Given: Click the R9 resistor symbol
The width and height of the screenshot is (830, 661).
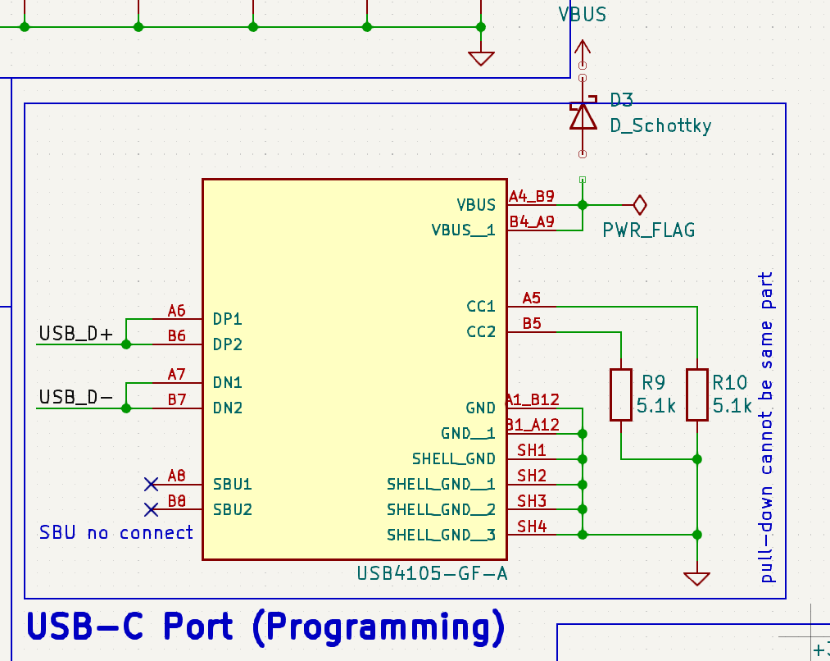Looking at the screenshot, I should point(621,394).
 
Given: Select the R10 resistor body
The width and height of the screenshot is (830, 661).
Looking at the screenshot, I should point(696,394).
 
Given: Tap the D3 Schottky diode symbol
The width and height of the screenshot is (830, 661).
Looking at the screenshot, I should point(583,116).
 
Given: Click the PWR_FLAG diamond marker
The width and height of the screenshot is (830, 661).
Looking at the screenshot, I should point(639,204).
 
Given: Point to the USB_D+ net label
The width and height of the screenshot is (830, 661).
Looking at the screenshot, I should point(77,334).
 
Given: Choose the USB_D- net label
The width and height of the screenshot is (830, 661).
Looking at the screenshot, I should point(76,397).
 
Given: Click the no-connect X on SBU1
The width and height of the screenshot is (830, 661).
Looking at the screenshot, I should point(151,484).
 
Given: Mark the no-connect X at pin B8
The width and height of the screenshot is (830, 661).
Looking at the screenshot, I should point(151,509).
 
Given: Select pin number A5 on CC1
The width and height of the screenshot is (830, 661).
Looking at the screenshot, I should point(531,299).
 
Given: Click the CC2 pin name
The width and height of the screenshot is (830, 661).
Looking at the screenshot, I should point(481,332).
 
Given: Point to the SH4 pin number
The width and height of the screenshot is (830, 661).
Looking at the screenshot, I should point(531,527).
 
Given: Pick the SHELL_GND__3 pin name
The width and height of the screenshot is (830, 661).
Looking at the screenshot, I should point(441,535).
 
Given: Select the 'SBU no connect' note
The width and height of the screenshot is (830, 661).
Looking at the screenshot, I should point(116,533).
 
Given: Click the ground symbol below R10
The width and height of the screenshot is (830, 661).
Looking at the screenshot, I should point(696,578).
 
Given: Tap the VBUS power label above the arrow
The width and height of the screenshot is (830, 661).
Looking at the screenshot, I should point(582,15).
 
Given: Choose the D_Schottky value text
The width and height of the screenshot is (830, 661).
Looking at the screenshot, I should point(660,126).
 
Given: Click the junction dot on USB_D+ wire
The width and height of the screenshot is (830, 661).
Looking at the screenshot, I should point(126,344).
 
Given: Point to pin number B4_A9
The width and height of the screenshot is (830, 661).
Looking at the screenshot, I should point(532,221).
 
